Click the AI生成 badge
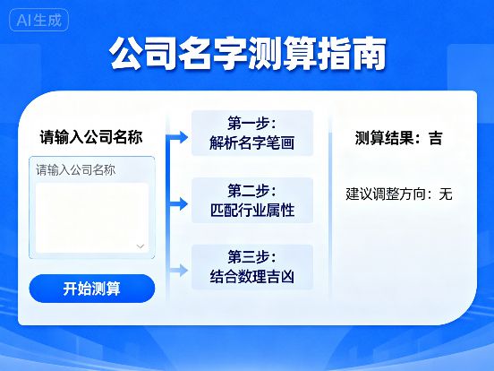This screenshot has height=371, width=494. click(x=39, y=21)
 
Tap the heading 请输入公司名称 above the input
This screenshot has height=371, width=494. click(x=91, y=137)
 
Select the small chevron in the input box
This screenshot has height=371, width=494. click(x=141, y=245)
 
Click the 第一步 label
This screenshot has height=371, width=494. click(x=251, y=122)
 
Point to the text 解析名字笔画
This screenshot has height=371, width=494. click(x=251, y=142)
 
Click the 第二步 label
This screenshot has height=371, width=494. click(x=251, y=190)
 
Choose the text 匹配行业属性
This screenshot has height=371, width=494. click(x=251, y=211)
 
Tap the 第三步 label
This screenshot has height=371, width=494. click(x=251, y=256)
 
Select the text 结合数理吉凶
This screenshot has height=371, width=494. click(x=251, y=277)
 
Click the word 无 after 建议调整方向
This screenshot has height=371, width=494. click(x=445, y=193)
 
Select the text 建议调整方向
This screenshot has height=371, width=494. click(x=388, y=193)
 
